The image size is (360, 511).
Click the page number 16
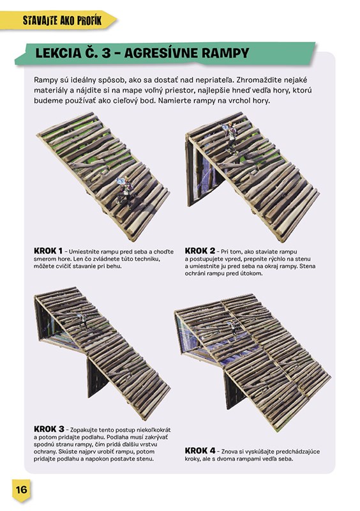click(22, 489)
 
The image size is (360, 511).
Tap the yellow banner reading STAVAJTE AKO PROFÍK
click(58, 20)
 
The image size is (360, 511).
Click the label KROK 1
click(49, 251)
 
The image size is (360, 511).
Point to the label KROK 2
click(200, 251)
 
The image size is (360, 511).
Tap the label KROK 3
click(49, 429)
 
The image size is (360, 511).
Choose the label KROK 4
click(200, 451)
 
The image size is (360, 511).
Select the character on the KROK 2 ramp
click(230, 137)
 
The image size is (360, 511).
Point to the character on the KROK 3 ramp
click(82, 321)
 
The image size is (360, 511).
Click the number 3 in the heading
click(106, 53)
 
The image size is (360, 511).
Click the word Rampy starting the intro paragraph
click(45, 80)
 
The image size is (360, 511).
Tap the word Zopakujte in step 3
click(84, 430)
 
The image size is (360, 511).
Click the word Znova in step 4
click(229, 452)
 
